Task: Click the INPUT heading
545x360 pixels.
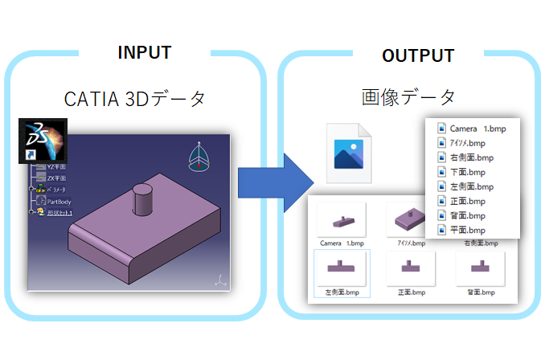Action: point(145,52)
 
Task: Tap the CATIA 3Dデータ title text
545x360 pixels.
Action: point(136,99)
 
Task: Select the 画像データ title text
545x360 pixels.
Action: point(408,97)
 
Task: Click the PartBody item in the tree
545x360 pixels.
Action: point(59,201)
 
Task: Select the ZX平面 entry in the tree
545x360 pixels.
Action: point(56,177)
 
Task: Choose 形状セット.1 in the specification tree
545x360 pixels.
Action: point(60,213)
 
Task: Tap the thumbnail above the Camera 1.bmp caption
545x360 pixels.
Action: point(341,219)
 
